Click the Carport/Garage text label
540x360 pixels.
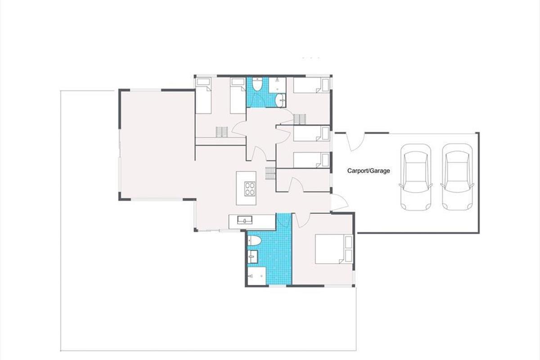(369, 171)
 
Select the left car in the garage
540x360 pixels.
(416, 177)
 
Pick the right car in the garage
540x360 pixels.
(457, 177)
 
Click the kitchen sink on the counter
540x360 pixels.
(245, 220)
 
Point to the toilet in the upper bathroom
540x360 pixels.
(258, 84)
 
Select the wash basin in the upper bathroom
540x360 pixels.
(281, 99)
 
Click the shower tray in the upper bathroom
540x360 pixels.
(278, 85)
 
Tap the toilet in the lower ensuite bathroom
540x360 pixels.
(254, 241)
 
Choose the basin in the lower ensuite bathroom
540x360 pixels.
(252, 257)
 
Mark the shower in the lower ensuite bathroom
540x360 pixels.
(256, 276)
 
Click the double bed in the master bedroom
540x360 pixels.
(330, 249)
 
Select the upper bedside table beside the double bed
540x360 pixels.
(349, 242)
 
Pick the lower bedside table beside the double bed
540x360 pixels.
(349, 256)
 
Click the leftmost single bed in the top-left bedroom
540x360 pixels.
(203, 95)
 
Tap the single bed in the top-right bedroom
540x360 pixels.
(311, 85)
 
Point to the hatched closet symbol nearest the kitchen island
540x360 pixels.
(270, 173)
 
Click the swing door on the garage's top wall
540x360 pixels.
(355, 142)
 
